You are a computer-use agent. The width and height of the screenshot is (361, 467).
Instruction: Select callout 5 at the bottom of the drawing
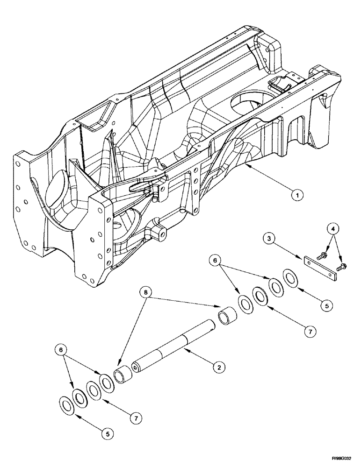pyautogui.click(x=108, y=434)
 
